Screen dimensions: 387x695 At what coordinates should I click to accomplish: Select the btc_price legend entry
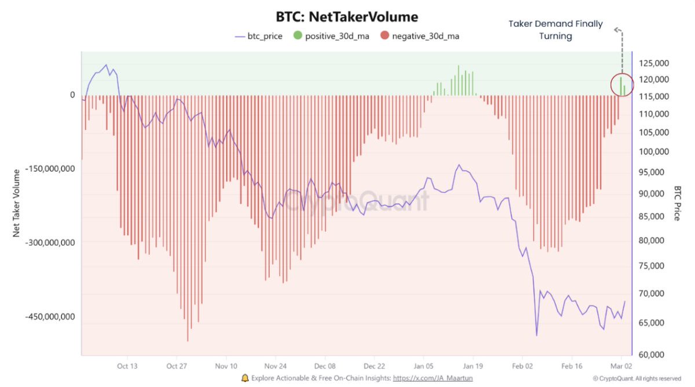pyautogui.click(x=258, y=36)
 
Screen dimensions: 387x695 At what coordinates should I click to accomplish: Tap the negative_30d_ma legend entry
pyautogui.click(x=420, y=36)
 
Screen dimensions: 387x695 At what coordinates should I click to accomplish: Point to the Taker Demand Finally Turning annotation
pyautogui.click(x=555, y=30)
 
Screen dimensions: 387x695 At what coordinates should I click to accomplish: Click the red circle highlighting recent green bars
pyautogui.click(x=623, y=84)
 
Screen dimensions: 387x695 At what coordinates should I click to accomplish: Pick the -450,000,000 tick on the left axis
pyautogui.click(x=50, y=316)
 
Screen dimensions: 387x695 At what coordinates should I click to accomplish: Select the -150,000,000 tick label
pyautogui.click(x=50, y=169)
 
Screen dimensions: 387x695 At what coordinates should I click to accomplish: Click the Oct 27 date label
pyautogui.click(x=177, y=366)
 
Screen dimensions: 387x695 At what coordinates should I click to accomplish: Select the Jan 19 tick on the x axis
pyautogui.click(x=473, y=366)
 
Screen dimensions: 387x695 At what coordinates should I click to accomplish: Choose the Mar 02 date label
pyautogui.click(x=621, y=366)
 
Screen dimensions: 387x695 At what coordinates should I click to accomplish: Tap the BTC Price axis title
pyautogui.click(x=678, y=203)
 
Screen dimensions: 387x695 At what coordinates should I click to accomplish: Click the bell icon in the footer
pyautogui.click(x=245, y=378)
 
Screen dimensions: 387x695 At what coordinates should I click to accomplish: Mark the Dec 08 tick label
pyautogui.click(x=325, y=366)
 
